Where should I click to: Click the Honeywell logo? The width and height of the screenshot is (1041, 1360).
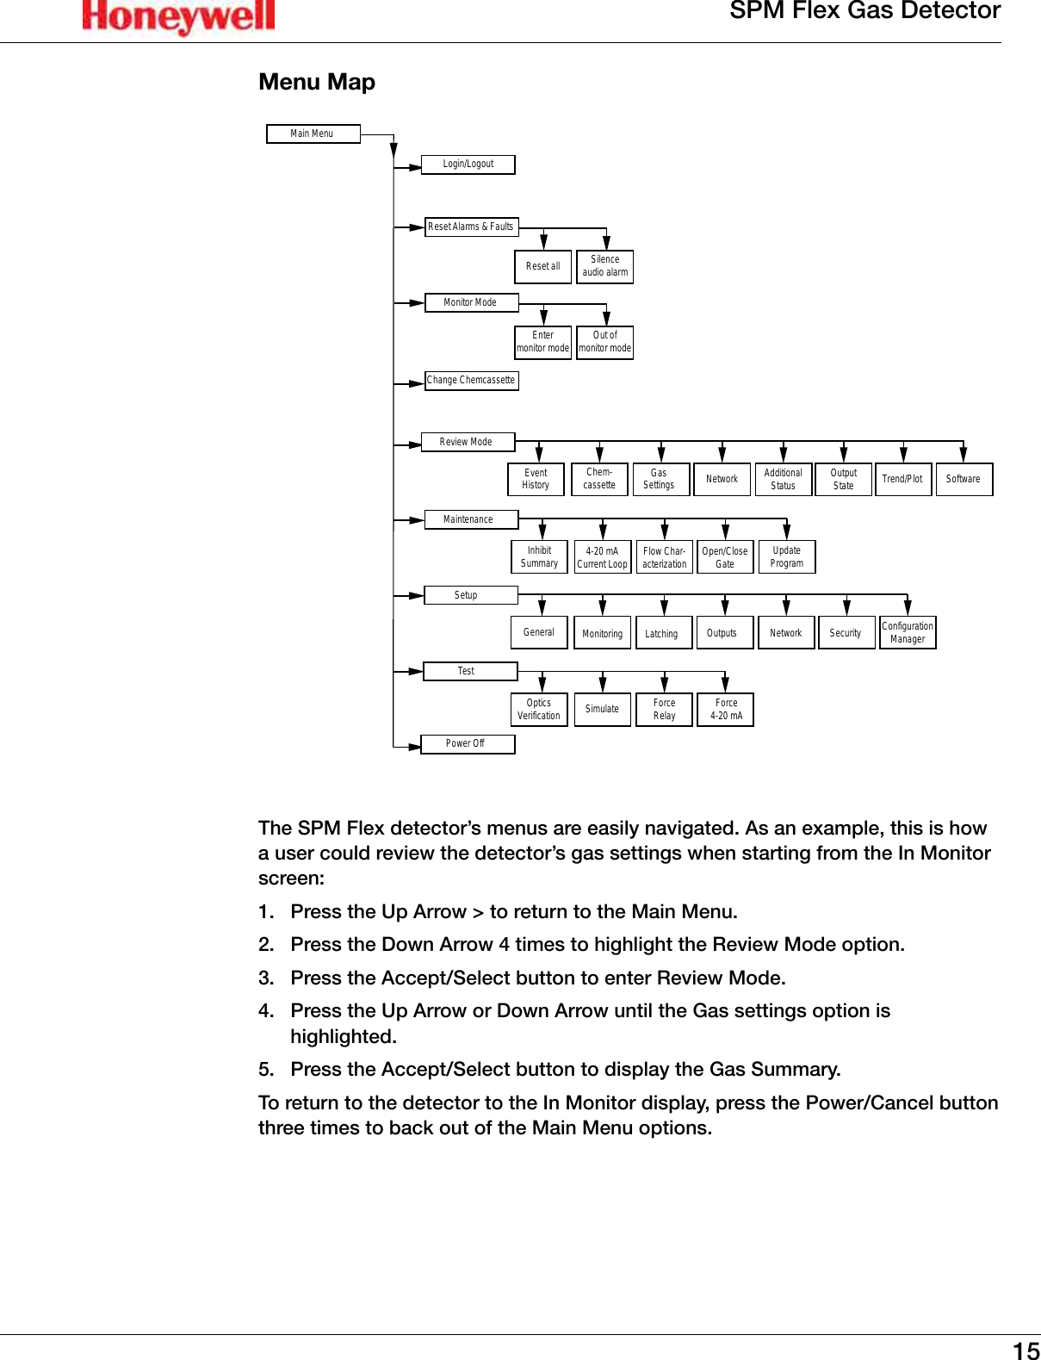point(178,16)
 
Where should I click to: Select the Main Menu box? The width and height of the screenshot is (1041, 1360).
point(313,134)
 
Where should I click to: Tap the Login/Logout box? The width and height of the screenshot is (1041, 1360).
point(468,164)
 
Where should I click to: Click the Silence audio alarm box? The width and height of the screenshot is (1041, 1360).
point(604,266)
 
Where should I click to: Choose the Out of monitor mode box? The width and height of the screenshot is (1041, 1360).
point(604,342)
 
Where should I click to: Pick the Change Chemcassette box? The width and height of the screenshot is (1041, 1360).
point(471,380)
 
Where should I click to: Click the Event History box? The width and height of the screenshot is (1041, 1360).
point(536,479)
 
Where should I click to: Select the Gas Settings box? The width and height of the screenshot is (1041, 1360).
point(659,479)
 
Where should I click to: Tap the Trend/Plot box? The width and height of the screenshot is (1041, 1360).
point(902,479)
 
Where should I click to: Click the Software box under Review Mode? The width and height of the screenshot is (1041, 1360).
point(964,479)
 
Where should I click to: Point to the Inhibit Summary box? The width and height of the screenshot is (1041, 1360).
point(539,556)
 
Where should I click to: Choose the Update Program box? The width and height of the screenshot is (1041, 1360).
point(786,556)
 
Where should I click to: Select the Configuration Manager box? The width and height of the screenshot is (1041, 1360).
point(908,632)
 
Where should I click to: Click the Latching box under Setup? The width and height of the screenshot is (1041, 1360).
point(662,633)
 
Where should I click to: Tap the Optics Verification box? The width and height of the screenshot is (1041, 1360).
point(539,709)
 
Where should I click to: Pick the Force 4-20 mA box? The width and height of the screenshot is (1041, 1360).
point(726,709)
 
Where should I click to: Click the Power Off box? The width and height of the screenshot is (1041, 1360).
point(467,743)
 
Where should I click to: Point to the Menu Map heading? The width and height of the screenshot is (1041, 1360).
point(317,82)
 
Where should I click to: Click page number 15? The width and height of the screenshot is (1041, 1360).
point(1026,1350)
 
